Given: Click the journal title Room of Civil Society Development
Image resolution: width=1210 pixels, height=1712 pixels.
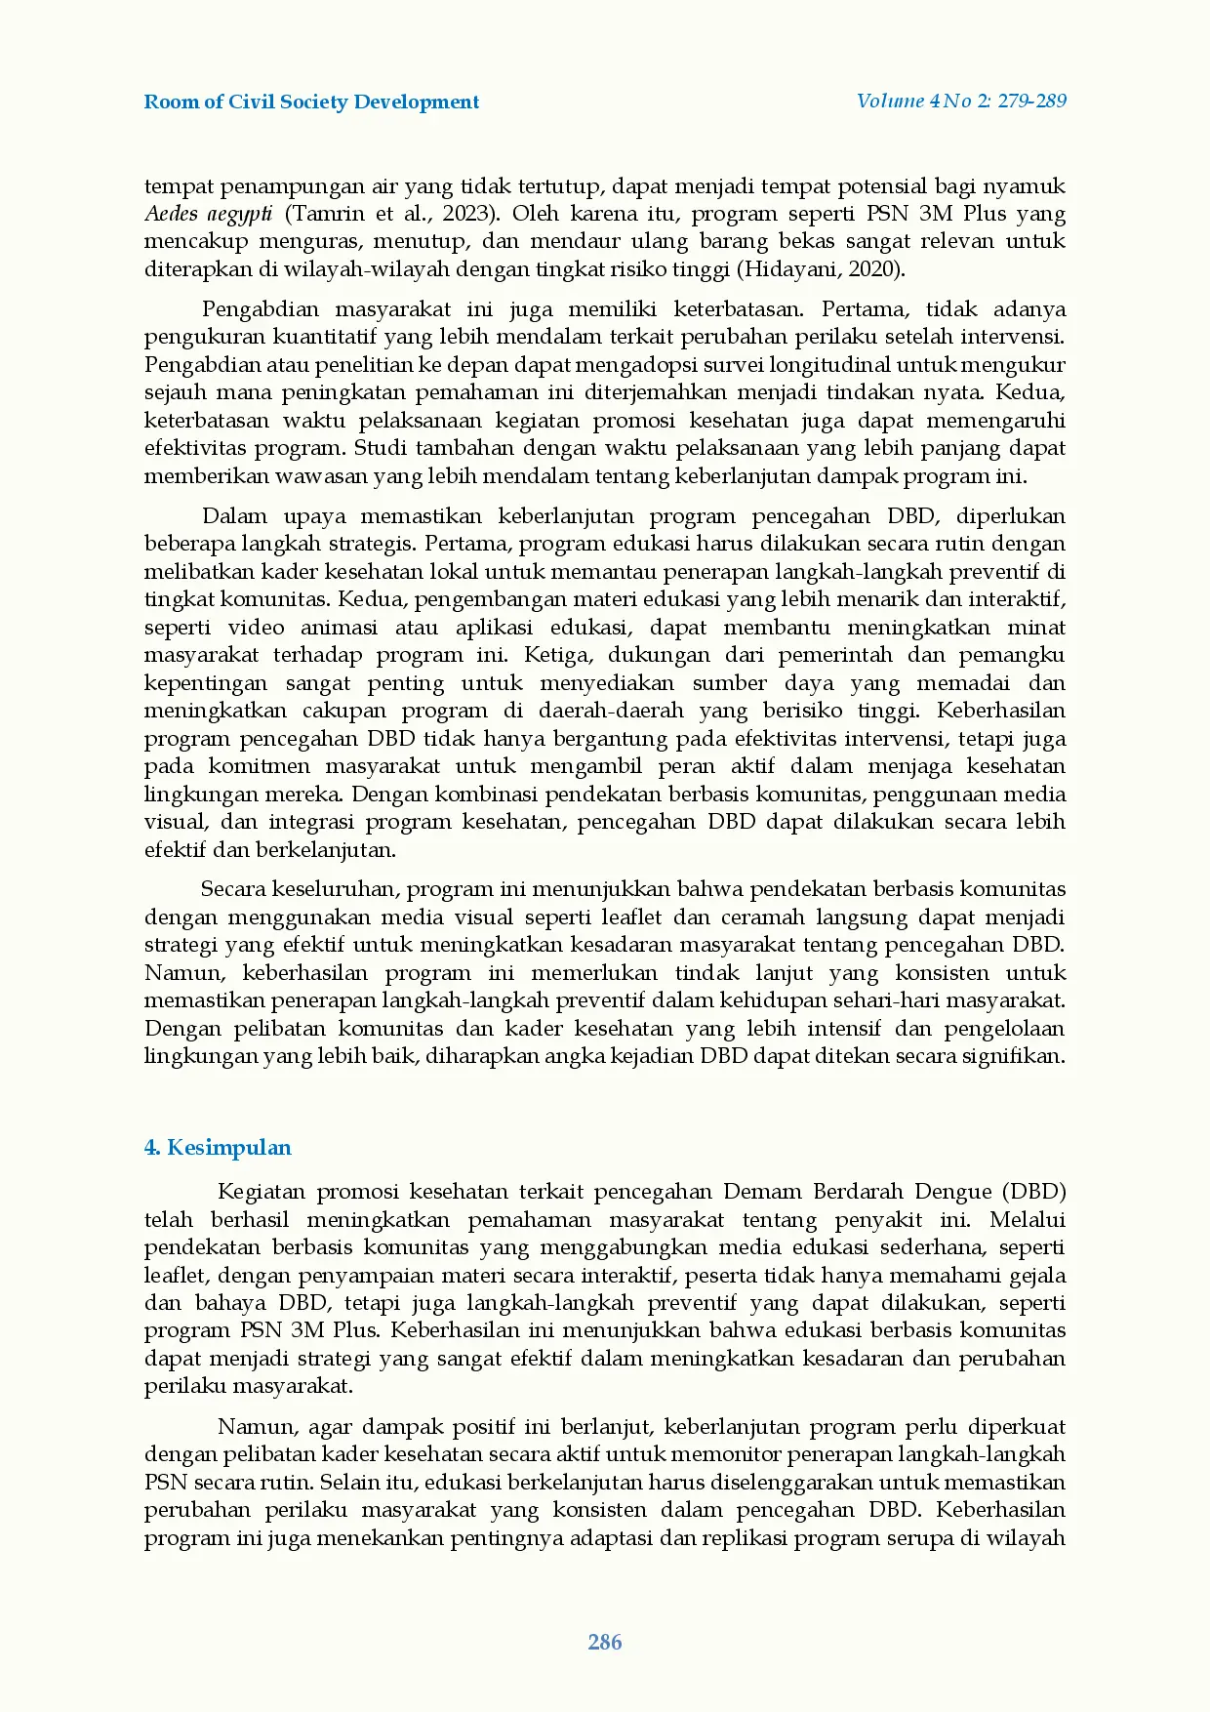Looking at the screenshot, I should tap(311, 102).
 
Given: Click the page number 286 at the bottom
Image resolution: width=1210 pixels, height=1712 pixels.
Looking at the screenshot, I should tap(605, 1643).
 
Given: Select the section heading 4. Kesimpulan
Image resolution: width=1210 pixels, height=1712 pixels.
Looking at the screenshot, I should tap(218, 1148).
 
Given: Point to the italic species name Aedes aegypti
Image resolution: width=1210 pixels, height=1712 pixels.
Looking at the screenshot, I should tap(208, 214).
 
